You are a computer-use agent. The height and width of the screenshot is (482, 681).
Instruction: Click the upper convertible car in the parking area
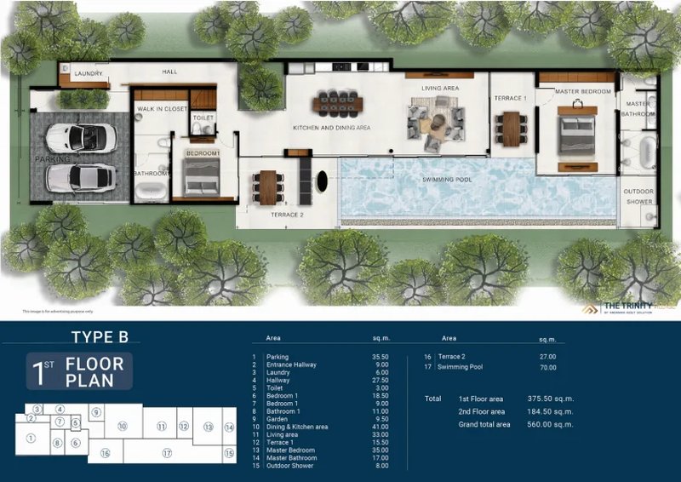click(77, 138)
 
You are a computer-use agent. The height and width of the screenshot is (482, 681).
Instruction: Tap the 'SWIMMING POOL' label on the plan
click(447, 180)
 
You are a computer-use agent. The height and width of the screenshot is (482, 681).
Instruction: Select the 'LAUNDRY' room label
click(89, 74)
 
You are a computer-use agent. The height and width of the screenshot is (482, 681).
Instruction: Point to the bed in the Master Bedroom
click(580, 135)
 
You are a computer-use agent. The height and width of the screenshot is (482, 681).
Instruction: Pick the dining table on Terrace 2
click(268, 186)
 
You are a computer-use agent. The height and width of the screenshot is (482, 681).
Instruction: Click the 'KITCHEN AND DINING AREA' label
click(331, 127)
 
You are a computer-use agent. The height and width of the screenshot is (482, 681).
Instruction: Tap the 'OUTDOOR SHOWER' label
click(638, 197)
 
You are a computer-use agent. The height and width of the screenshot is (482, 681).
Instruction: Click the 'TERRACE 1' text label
click(511, 99)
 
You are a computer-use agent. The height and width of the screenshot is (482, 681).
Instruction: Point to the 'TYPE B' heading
click(100, 337)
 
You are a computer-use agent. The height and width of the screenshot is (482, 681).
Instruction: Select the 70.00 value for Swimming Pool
click(547, 368)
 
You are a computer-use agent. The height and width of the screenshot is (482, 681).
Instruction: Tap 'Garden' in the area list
click(278, 419)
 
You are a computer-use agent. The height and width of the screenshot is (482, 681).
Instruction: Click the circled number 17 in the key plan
click(167, 453)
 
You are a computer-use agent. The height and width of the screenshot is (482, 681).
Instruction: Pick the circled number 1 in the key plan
click(31, 439)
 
